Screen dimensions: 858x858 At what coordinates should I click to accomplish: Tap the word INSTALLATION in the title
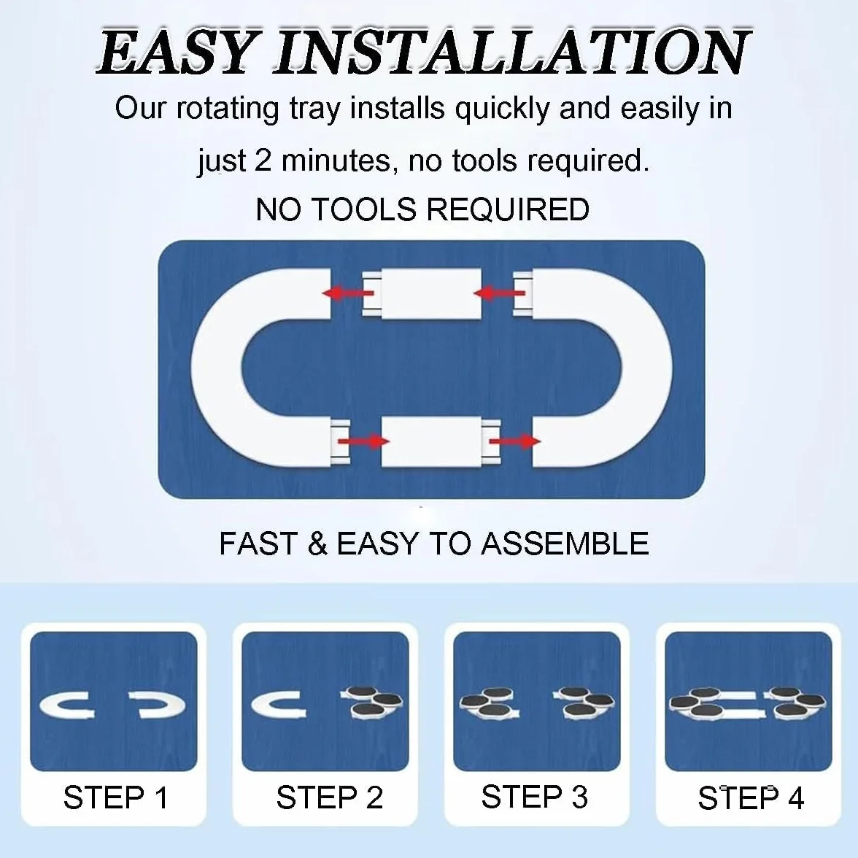point(512,53)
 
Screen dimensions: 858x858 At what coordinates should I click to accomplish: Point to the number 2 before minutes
point(262,161)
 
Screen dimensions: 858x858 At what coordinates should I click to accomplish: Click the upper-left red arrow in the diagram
point(348,293)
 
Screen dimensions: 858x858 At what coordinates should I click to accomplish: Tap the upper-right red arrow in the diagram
point(499,293)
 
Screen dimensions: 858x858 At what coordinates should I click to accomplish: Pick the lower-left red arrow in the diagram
point(364,441)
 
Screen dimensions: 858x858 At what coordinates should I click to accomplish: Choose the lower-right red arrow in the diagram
point(515,441)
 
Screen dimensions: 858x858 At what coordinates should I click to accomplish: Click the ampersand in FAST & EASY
point(317,544)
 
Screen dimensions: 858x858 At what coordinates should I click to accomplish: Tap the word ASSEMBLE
point(565,544)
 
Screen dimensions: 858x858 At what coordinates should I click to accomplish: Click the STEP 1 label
point(115,797)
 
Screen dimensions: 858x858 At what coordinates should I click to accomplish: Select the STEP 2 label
point(330,797)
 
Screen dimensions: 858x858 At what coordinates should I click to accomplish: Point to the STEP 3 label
point(535,797)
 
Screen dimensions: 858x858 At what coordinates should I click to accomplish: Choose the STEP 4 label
point(751,798)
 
